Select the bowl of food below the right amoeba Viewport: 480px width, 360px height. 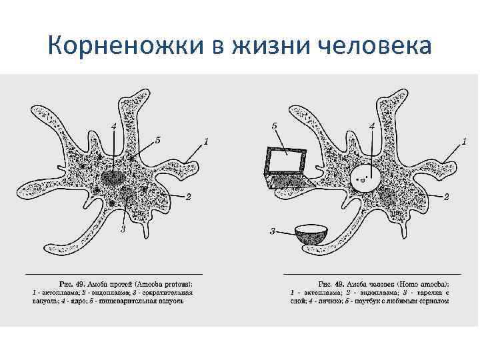311,234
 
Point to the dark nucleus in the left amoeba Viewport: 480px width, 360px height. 113,178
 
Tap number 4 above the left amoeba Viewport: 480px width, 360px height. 114,125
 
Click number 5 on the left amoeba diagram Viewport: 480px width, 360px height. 157,140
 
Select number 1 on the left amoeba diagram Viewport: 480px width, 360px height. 206,141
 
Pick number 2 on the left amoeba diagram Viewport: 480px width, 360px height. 189,196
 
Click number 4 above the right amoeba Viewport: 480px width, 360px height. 371,125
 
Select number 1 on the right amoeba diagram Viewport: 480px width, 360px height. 463,141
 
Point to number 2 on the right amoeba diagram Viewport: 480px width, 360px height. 446,196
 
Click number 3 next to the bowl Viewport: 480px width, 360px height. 272,231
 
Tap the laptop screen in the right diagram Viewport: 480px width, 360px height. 287,161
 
